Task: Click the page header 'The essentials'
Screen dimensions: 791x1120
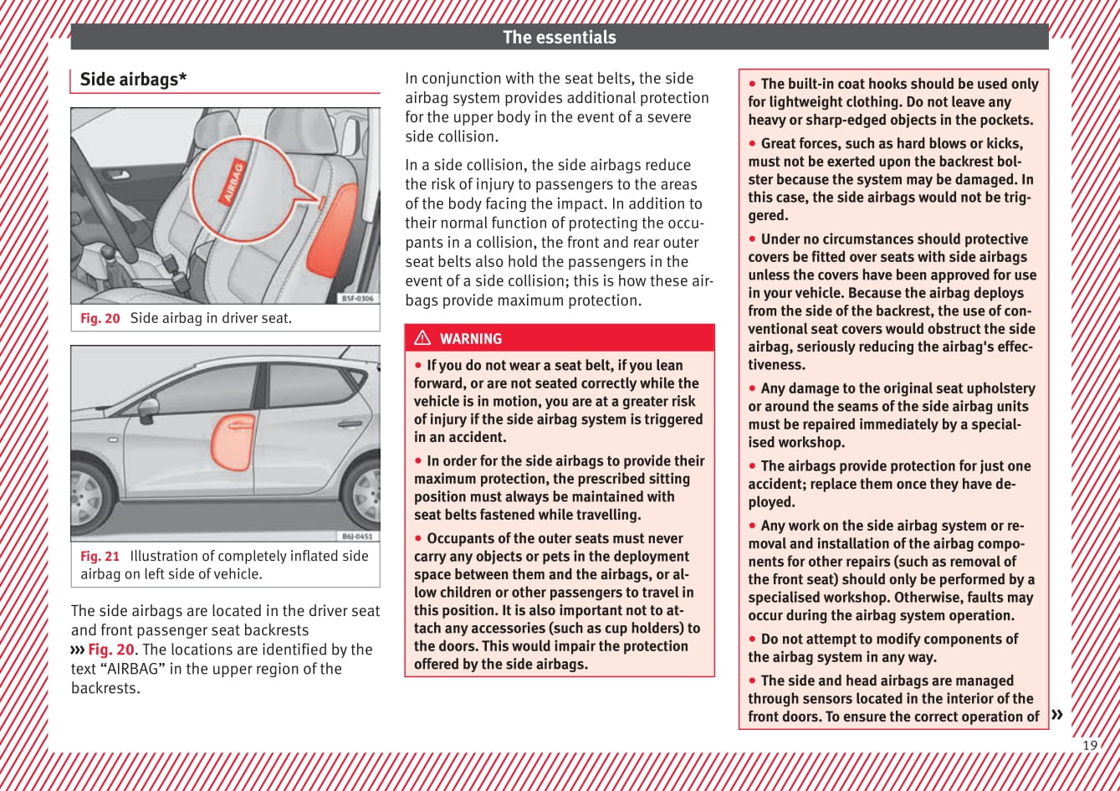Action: tap(559, 37)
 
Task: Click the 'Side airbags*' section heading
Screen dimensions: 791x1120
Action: tap(133, 80)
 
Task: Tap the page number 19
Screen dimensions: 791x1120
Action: tap(1090, 745)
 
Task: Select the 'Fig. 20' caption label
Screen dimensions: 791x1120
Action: tap(100, 318)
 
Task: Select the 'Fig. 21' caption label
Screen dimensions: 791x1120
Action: tap(100, 556)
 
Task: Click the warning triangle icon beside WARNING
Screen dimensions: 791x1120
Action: tap(422, 338)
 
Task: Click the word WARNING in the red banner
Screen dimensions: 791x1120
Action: tap(471, 339)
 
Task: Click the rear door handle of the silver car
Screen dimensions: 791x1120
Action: tap(350, 424)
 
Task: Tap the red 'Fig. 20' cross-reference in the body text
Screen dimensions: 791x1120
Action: tap(110, 650)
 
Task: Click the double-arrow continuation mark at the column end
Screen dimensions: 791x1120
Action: tap(1057, 714)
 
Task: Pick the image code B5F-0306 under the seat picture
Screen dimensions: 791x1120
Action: tap(358, 298)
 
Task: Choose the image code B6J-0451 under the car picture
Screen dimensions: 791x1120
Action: tap(357, 536)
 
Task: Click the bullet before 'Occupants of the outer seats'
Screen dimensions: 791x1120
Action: tap(418, 539)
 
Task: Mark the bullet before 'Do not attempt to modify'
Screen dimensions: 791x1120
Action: tap(753, 639)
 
